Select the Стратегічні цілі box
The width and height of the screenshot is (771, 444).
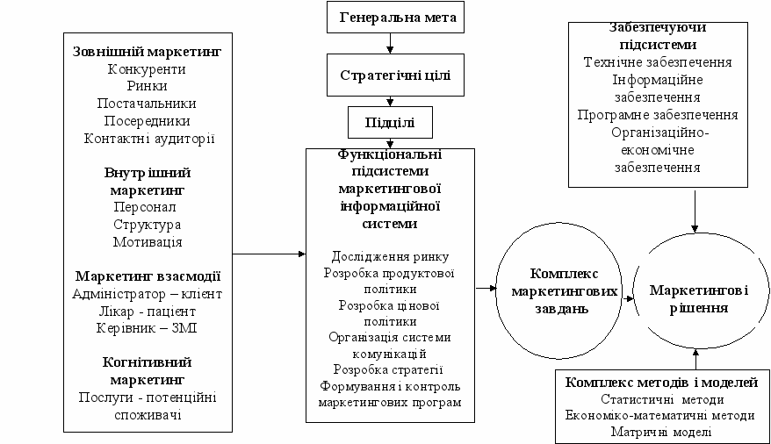pyautogui.click(x=395, y=75)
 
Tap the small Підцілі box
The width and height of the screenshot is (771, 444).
pyautogui.click(x=392, y=123)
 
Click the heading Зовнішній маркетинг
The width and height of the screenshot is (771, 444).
pyautogui.click(x=148, y=52)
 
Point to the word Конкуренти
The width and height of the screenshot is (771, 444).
pyautogui.click(x=147, y=69)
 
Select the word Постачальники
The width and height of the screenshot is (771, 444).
pyautogui.click(x=147, y=104)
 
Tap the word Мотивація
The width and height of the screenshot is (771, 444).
pyautogui.click(x=148, y=241)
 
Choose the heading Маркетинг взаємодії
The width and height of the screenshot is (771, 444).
pyautogui.click(x=148, y=276)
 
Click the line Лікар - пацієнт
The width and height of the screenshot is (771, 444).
pyautogui.click(x=148, y=311)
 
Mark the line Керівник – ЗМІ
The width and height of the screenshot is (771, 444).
pyautogui.click(x=148, y=327)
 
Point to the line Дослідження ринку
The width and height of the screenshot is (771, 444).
pyautogui.click(x=391, y=256)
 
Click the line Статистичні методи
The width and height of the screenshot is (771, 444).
pyautogui.click(x=661, y=399)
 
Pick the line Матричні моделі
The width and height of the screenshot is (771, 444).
pyautogui.click(x=661, y=432)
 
